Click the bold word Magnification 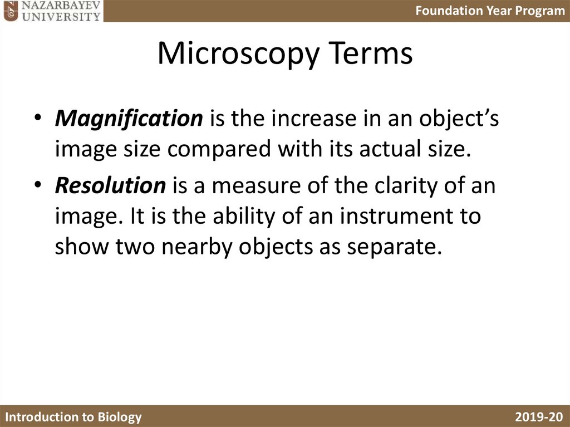[x=129, y=119]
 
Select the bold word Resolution [x=110, y=185]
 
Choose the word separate [x=389, y=247]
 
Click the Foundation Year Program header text [x=490, y=11]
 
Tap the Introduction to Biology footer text [x=73, y=417]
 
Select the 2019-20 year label [x=539, y=417]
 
